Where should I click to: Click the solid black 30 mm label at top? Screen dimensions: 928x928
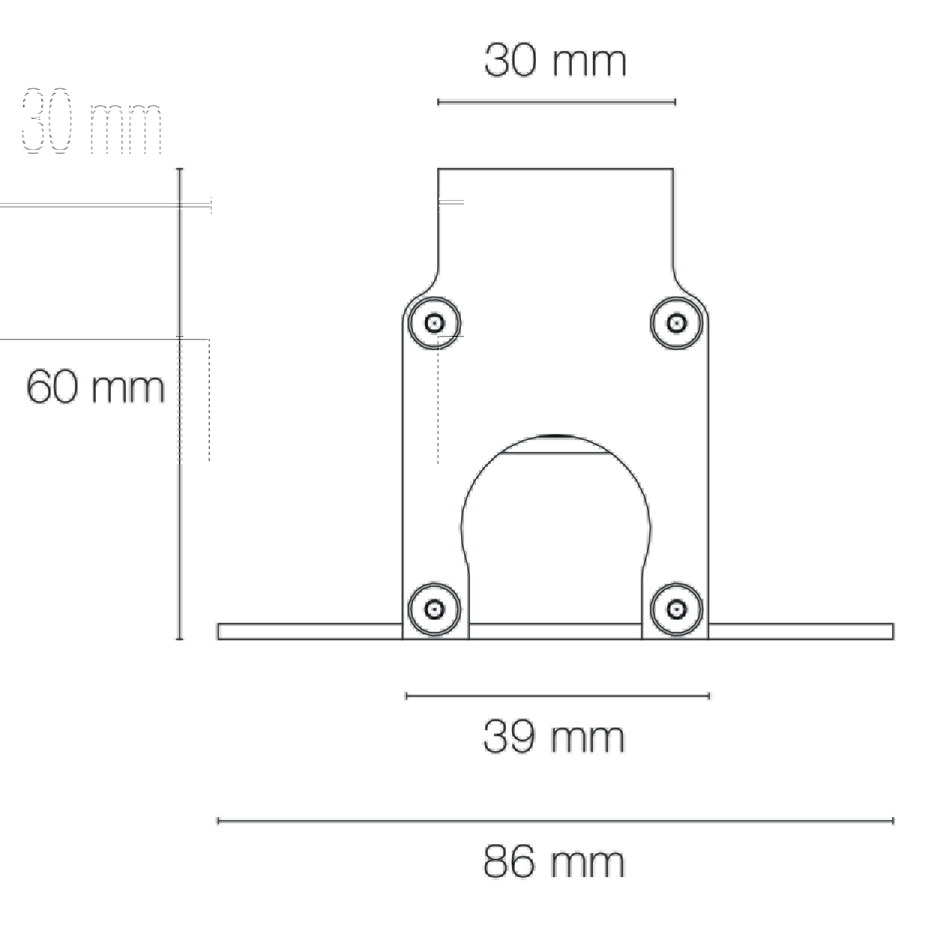555,60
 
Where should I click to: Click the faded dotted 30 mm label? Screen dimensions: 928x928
91,121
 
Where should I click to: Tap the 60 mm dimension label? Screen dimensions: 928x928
95,387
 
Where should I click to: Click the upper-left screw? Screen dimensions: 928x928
434,323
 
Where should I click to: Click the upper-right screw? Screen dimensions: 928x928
676,323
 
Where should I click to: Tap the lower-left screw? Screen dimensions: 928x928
434,609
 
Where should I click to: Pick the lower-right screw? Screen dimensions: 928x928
676,609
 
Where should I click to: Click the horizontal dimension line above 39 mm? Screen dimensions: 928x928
558,696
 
